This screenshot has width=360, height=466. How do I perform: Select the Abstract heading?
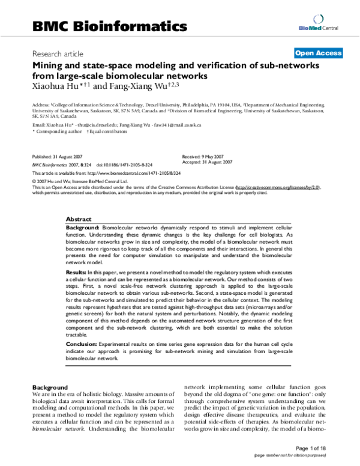[x=78, y=220]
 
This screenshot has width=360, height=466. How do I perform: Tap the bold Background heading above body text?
[x=50, y=387]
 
